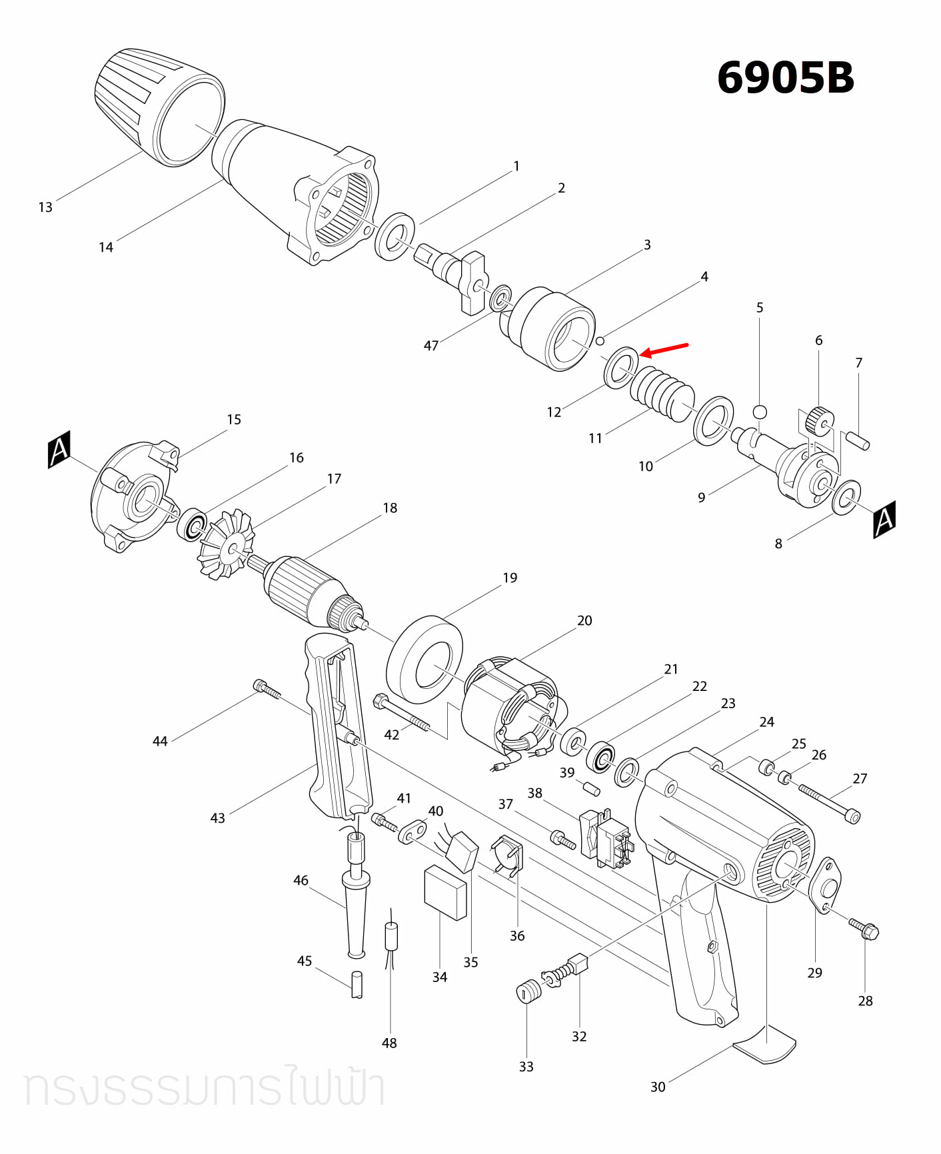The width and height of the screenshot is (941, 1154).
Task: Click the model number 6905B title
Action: (x=785, y=77)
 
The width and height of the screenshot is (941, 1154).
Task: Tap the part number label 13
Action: (x=45, y=207)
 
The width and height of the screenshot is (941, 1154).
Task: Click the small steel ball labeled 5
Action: (x=760, y=411)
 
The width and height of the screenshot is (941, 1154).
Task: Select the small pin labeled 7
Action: (x=858, y=440)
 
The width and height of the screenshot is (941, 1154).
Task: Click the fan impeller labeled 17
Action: (x=227, y=543)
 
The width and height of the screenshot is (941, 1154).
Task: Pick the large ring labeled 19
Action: (x=425, y=660)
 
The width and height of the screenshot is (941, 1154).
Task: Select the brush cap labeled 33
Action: (x=528, y=991)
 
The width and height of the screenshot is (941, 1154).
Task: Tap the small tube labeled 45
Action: (x=357, y=983)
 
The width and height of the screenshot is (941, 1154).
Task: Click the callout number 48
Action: (x=389, y=1043)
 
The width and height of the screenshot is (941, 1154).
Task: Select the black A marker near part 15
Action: (x=59, y=450)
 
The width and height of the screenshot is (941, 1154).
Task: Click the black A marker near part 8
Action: (x=884, y=519)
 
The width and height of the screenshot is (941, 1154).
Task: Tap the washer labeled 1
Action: (x=395, y=237)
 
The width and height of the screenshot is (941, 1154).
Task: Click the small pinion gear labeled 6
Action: (x=819, y=420)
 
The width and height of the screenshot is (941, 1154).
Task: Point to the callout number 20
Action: (x=584, y=620)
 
